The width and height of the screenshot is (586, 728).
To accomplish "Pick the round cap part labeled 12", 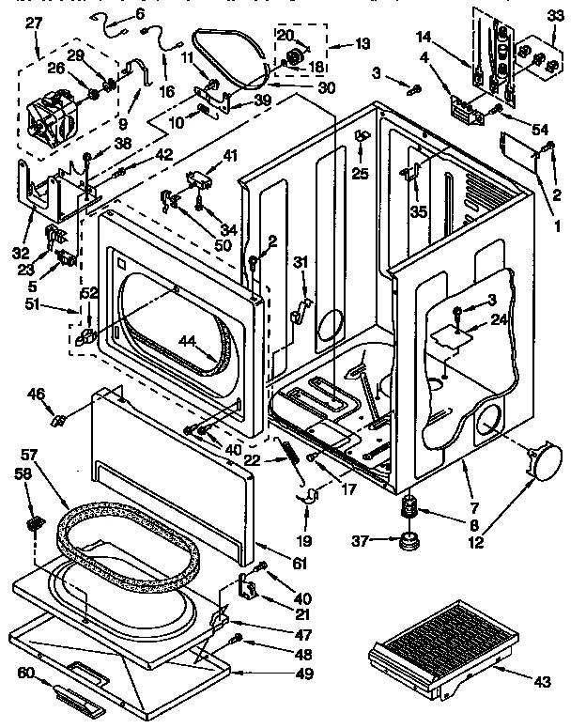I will point(545,463).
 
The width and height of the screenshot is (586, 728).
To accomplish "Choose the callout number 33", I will point(555,15).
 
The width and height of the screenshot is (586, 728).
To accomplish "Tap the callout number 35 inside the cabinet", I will point(419,212).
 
